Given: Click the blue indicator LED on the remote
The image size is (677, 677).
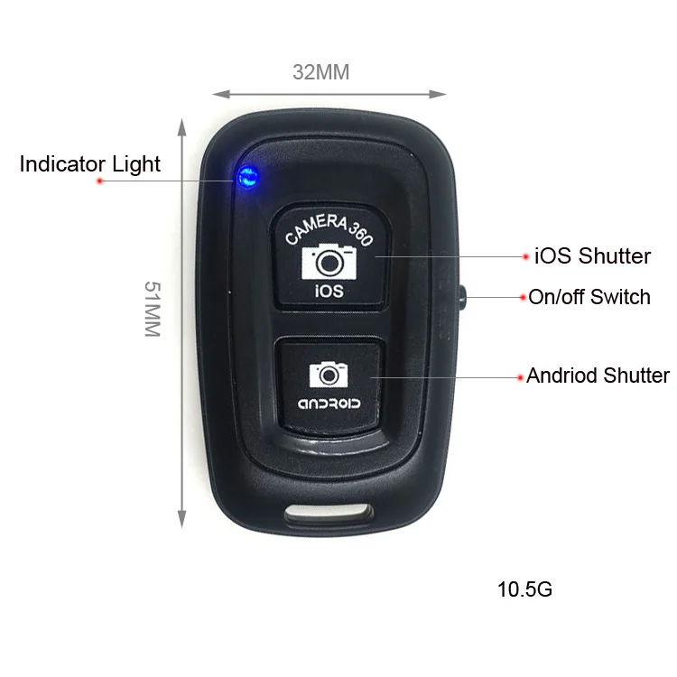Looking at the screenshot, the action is coord(245,177).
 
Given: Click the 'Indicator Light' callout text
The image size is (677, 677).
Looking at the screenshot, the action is coord(90,164).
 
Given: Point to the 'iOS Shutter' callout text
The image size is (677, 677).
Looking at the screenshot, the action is coord(592,256).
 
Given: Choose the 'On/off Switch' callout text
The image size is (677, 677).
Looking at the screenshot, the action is coord(589,297).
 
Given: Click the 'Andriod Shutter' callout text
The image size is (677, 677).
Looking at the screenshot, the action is coord(598,376).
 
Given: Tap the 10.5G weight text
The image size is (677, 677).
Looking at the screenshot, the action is coord(524,590).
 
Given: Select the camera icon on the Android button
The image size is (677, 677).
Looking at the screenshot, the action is coord(329,373).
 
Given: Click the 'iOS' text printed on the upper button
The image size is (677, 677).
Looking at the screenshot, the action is coord(329,291).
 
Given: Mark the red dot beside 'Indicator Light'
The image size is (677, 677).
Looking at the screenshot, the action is coord(100,181).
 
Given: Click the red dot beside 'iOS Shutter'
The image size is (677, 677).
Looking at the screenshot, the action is coord(525,257).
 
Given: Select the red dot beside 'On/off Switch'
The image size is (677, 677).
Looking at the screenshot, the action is coord(521,297).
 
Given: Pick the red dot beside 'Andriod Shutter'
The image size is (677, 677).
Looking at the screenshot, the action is coord(518,375).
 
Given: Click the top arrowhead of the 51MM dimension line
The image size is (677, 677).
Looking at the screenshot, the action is coord(181,125).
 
